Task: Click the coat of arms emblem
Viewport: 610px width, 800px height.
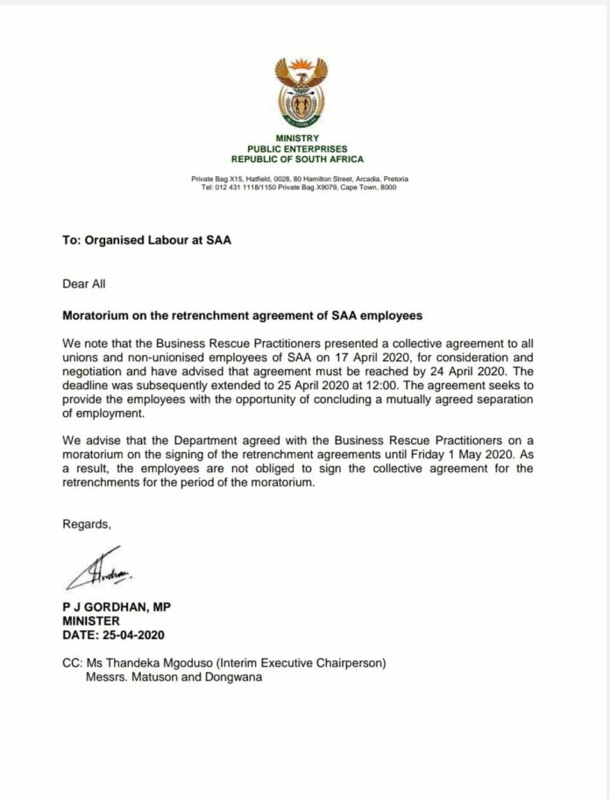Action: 299,90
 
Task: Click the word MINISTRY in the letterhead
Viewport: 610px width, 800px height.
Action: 299,138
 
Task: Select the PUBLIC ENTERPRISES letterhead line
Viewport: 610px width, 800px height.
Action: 299,149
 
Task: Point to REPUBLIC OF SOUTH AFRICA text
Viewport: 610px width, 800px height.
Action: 299,159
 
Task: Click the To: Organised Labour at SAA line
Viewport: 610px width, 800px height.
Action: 146,242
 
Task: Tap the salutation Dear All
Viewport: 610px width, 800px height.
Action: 84,284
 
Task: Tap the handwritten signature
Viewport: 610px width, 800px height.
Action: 97,575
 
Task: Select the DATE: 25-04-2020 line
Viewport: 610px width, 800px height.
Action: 113,634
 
